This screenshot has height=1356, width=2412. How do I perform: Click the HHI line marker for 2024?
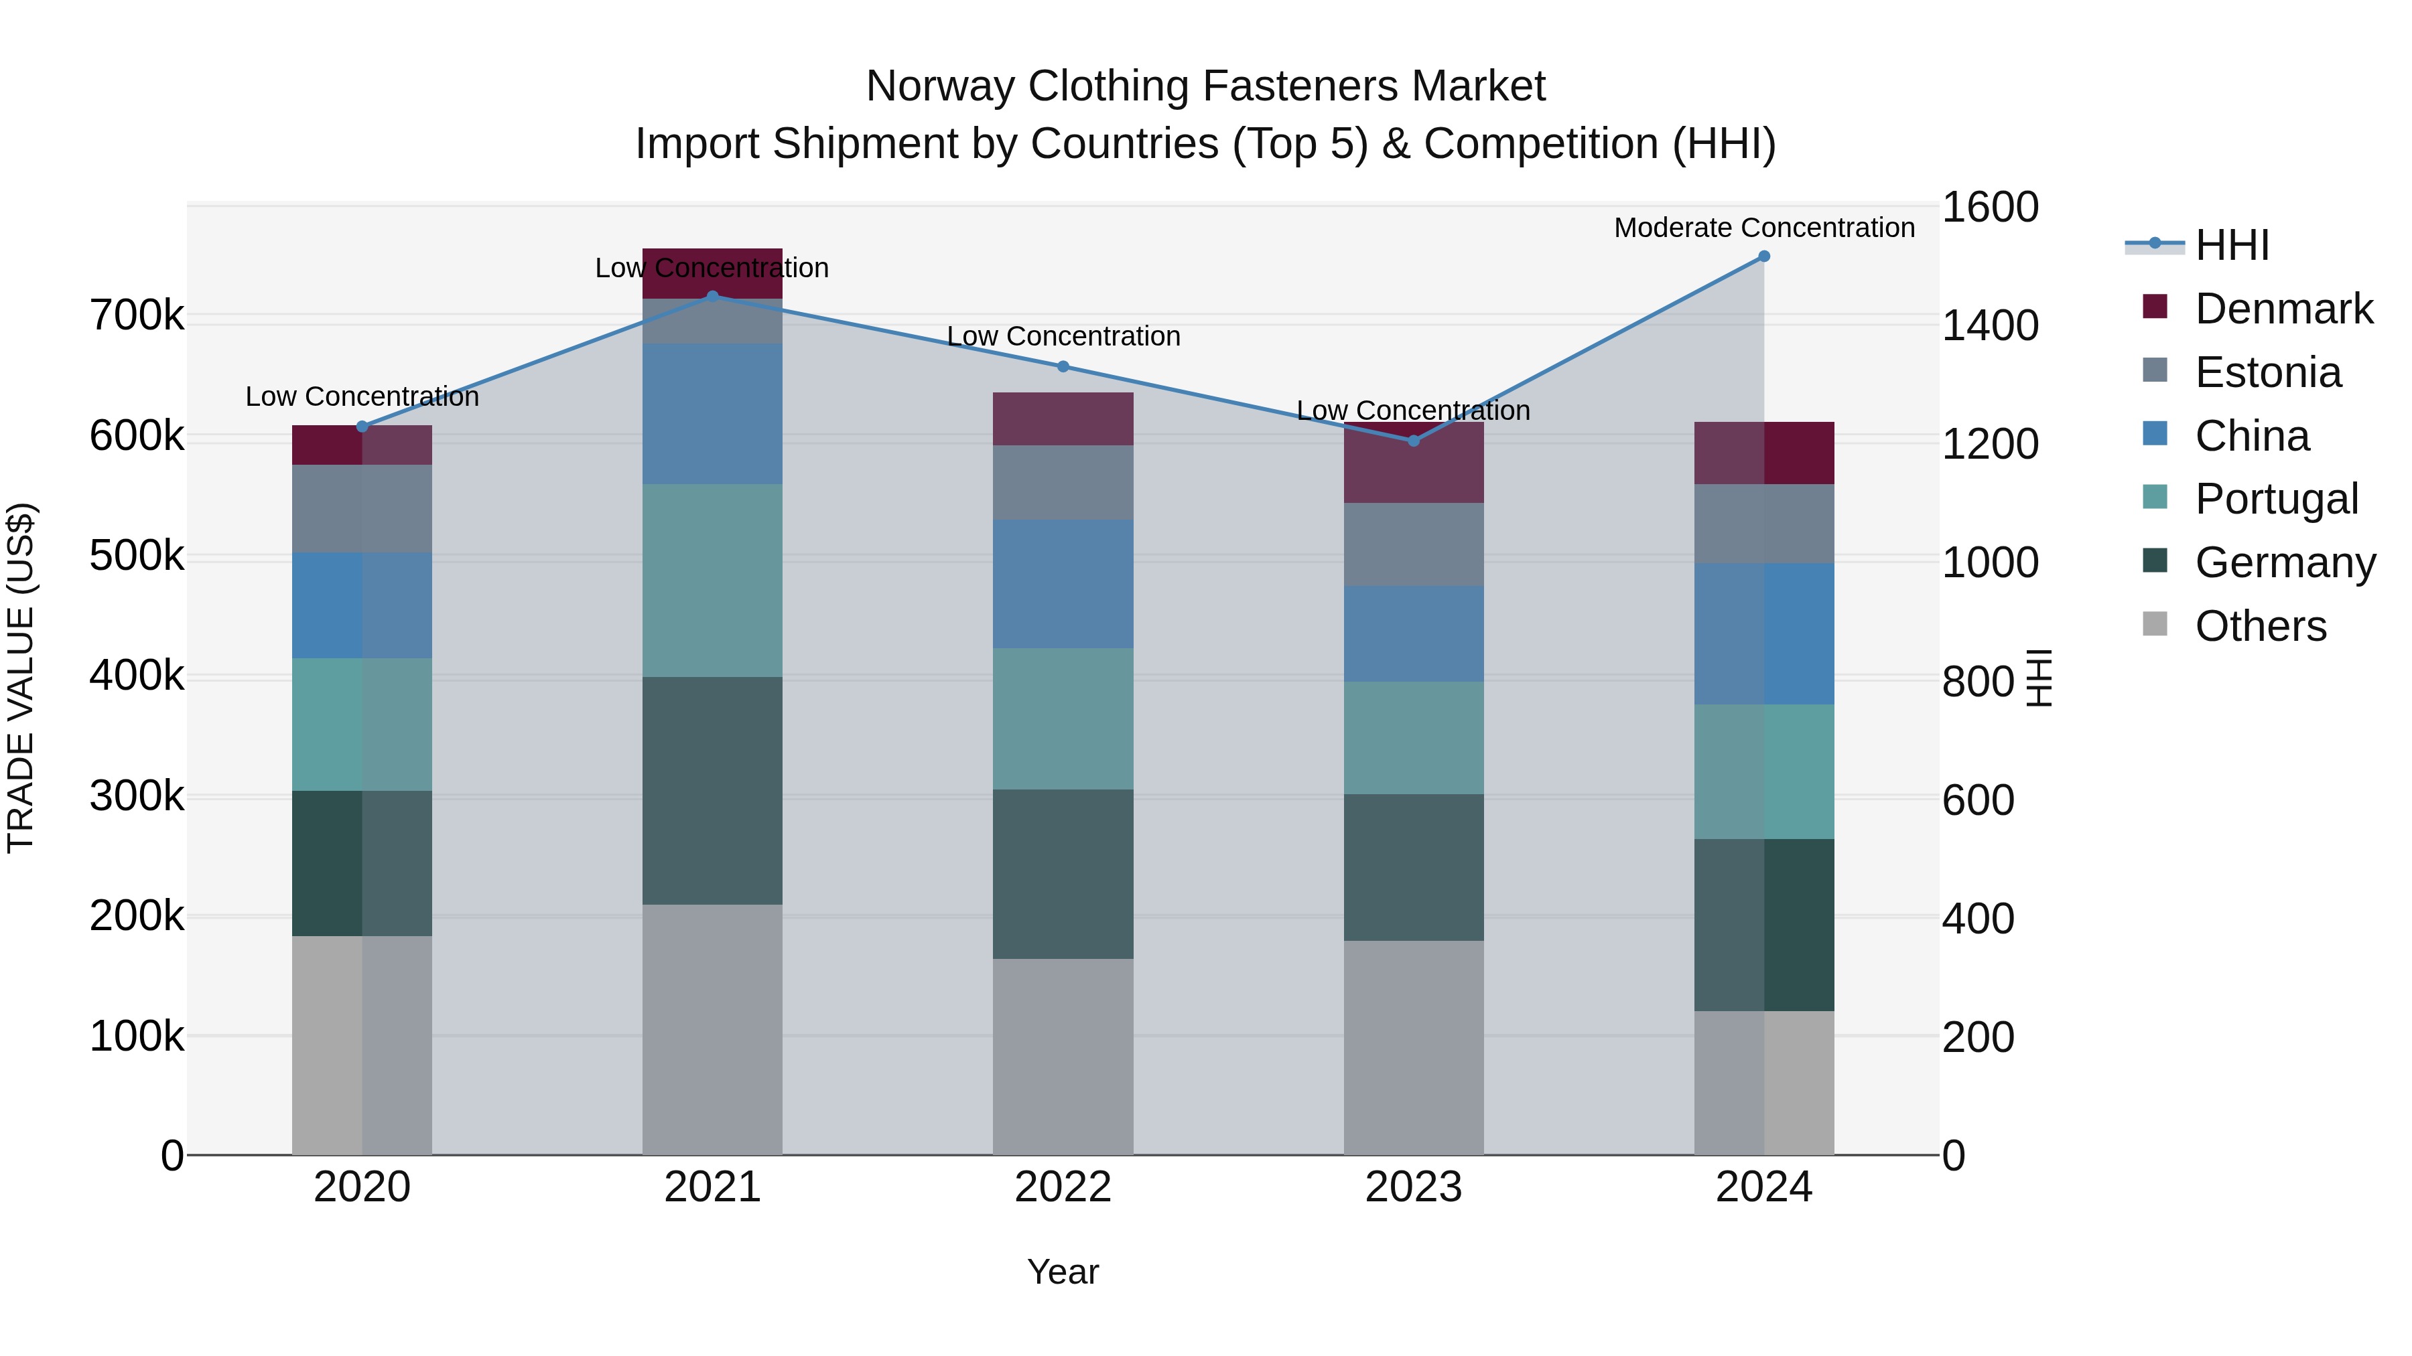click(1763, 256)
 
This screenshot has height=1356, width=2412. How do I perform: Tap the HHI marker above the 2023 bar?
click(1414, 441)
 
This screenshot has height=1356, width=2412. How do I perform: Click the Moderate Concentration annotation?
click(1763, 228)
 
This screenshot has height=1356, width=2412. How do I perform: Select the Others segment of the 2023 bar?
click(1414, 1047)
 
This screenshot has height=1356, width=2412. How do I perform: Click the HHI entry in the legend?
click(2231, 245)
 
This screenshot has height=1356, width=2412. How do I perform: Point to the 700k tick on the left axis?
click(137, 316)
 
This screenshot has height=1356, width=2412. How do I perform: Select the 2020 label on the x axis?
click(362, 1187)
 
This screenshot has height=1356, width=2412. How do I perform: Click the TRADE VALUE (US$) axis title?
click(21, 678)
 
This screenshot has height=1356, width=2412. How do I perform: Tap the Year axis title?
click(1063, 1272)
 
